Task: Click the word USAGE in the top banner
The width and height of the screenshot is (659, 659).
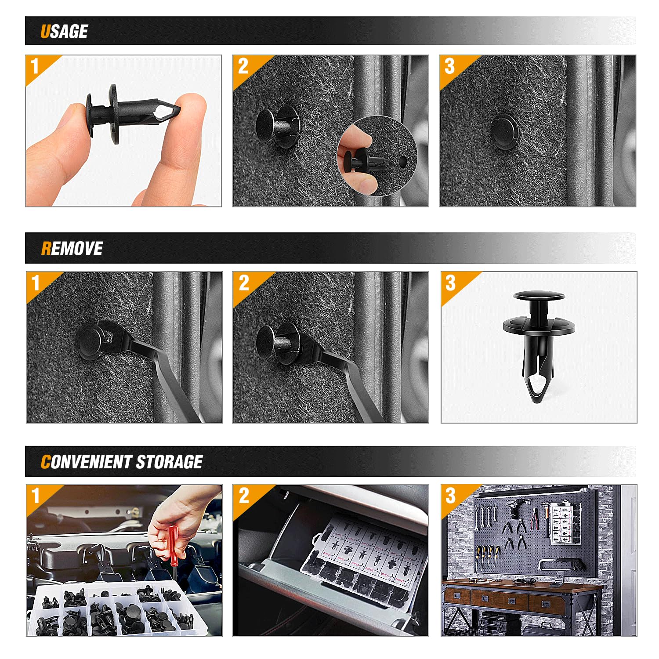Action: coord(64,31)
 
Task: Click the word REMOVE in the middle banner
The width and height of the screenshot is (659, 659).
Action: coord(72,248)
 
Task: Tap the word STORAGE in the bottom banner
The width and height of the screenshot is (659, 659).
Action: coord(169,462)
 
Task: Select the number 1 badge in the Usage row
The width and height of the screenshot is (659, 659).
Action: coord(35,66)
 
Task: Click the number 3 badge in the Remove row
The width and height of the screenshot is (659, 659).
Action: coord(451,283)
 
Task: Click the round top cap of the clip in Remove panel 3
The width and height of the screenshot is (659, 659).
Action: coord(539,296)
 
